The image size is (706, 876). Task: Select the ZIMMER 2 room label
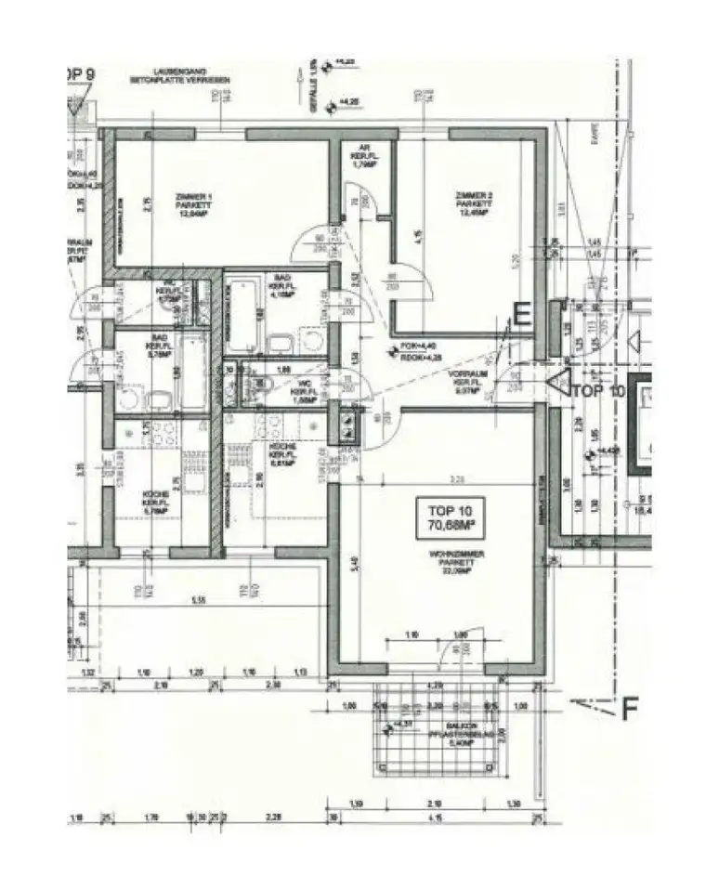click(474, 203)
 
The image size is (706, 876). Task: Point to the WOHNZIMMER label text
click(454, 562)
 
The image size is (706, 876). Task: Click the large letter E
click(522, 316)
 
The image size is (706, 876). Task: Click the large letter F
click(630, 710)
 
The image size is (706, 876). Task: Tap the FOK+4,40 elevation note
click(414, 347)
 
